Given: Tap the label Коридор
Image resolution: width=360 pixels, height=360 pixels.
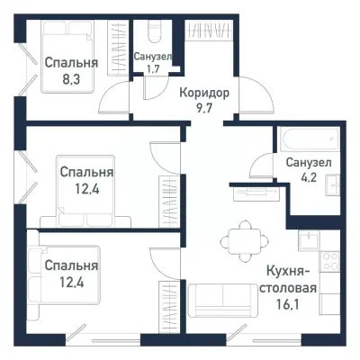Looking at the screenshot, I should (203, 93).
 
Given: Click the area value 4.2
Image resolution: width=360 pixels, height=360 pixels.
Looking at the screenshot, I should (308, 177).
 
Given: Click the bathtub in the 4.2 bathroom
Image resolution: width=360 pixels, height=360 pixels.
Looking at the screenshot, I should (306, 140).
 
